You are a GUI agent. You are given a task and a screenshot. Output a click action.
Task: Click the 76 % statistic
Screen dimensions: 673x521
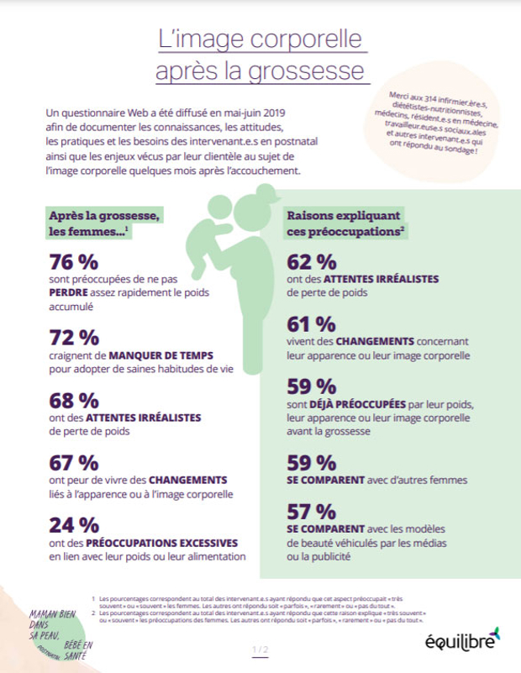[75, 261]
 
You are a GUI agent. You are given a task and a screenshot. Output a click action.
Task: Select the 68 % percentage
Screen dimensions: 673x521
[75, 401]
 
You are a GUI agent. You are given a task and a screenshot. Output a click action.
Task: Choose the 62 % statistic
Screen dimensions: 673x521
[311, 261]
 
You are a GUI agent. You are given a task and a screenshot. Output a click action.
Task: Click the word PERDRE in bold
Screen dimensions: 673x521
[72, 292]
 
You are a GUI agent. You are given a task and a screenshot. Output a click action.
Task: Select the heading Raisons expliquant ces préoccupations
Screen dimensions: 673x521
[346, 223]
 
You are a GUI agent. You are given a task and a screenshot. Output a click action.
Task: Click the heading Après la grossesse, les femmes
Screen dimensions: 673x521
[103, 223]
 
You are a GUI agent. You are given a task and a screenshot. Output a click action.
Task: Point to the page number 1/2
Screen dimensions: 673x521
[259, 649]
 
